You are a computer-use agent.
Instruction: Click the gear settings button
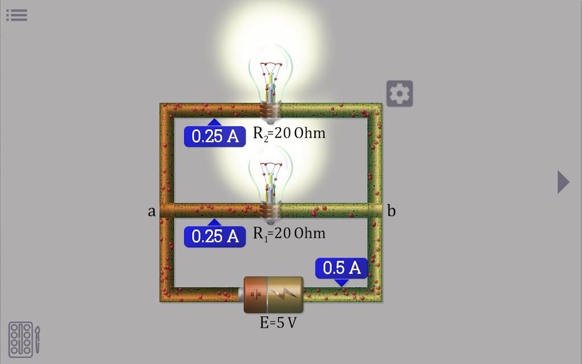click(400, 94)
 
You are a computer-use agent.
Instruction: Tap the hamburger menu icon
click(16, 15)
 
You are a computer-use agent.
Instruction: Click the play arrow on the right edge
click(563, 181)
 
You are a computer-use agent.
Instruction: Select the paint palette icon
click(21, 340)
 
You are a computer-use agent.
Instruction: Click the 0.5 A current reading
click(342, 268)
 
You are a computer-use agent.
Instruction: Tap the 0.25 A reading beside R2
click(215, 136)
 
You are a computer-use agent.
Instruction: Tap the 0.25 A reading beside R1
click(215, 237)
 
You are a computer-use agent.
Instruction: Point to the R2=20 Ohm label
click(289, 134)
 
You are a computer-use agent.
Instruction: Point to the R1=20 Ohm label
click(289, 234)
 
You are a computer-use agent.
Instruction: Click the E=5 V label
click(278, 322)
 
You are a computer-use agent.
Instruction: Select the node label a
click(151, 212)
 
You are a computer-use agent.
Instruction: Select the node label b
click(391, 210)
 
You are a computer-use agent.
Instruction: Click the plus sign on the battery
click(256, 295)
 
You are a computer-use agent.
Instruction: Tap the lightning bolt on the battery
click(284, 294)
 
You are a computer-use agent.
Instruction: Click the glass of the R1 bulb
click(271, 175)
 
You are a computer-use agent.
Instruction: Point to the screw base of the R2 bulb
click(270, 113)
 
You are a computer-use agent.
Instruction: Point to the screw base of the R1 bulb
click(270, 213)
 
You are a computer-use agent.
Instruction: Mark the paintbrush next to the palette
click(38, 340)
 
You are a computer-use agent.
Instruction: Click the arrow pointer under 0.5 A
click(341, 283)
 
